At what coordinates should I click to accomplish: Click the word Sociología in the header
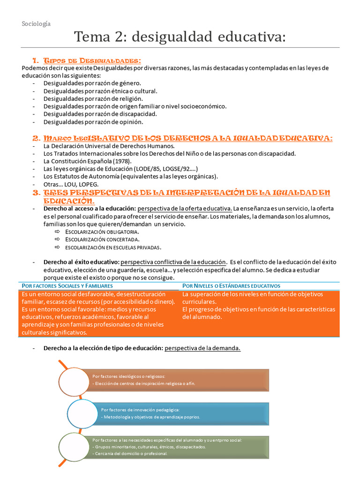tap(36, 23)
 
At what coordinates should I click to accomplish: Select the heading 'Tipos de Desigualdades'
tap(92, 61)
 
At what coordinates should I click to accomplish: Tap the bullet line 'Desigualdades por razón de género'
tap(85, 83)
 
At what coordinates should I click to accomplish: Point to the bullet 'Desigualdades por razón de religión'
tap(87, 98)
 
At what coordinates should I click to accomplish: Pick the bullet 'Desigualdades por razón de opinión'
tap(87, 121)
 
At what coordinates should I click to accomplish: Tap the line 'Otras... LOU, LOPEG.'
tap(71, 184)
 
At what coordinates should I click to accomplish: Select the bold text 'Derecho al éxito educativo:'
tap(81, 262)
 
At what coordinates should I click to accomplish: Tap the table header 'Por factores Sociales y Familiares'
tap(67, 285)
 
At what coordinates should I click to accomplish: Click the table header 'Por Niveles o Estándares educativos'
tap(231, 285)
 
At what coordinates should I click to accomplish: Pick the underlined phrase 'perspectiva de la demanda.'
tap(203, 348)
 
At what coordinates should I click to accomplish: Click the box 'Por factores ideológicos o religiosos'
tap(180, 380)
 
